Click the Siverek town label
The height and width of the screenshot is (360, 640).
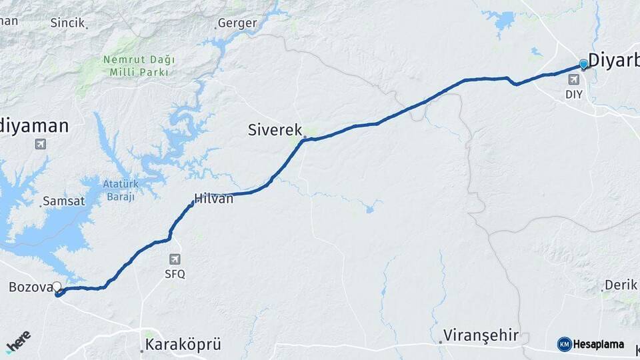275,130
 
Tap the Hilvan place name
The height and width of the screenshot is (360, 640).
213,198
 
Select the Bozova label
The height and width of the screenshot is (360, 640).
30,287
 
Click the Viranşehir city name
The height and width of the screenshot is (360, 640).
481,335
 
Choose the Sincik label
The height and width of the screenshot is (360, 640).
67,23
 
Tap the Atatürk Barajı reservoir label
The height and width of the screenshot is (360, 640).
119,189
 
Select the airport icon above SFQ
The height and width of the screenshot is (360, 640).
175,259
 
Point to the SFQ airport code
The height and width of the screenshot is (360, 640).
175,273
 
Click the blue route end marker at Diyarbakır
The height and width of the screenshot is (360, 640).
584,64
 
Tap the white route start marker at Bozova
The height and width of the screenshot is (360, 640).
57,287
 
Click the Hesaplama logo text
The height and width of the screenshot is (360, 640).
599,345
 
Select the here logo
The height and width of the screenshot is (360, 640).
18,341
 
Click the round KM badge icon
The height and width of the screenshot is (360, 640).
564,344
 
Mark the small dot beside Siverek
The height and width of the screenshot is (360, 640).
305,138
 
